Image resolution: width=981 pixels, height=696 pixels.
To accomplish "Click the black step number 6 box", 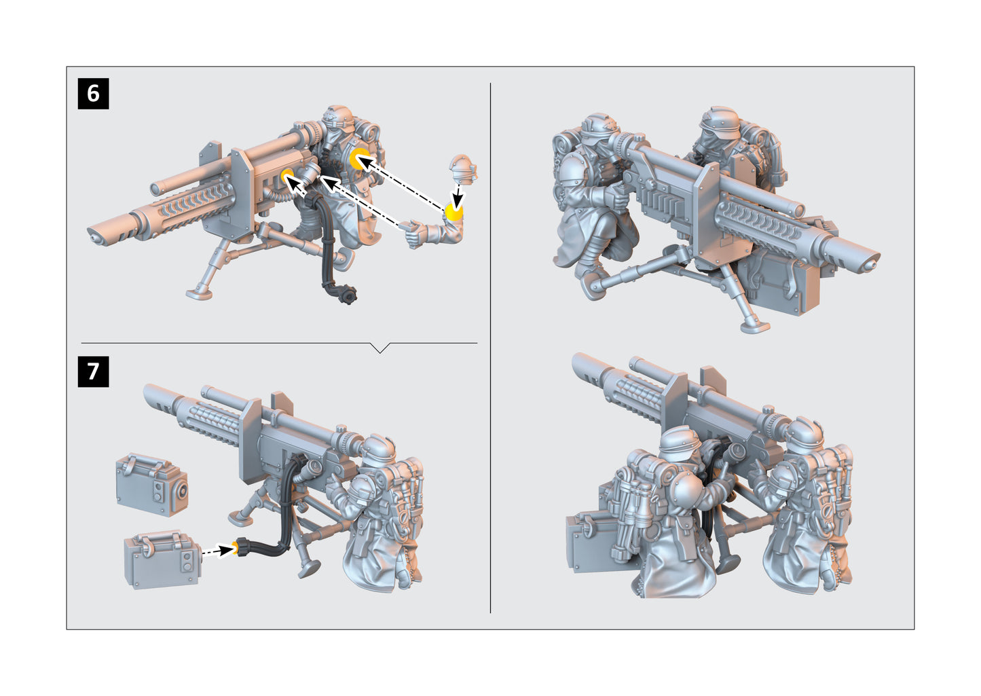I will coord(93,93).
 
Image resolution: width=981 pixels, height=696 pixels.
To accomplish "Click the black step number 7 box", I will coord(93,371).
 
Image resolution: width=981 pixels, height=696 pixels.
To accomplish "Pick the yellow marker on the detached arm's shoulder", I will coord(454,212).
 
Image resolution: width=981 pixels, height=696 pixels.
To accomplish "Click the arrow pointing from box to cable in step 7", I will coord(217,551).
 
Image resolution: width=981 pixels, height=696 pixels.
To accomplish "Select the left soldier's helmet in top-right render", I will coord(597,127).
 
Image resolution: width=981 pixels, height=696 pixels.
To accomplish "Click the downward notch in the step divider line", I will coord(380,348).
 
